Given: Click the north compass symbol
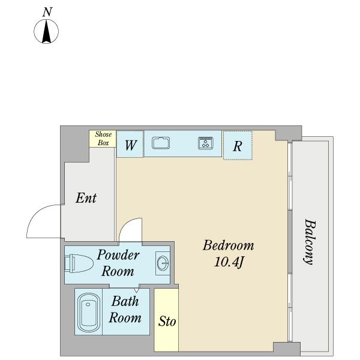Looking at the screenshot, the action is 46,31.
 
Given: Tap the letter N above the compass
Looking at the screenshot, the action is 47,12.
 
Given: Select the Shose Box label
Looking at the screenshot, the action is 103,139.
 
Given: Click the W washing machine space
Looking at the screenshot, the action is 130,144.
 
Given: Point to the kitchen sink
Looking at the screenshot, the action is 161,143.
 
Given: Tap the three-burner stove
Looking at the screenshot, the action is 205,143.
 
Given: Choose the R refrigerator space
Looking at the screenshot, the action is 238,145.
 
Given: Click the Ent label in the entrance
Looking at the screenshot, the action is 86,198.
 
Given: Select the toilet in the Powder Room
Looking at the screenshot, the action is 79,263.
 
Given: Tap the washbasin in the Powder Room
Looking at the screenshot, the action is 163,263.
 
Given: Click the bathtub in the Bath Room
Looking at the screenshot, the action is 88,312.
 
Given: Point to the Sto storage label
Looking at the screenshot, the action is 167,322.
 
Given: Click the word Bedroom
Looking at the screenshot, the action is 229,245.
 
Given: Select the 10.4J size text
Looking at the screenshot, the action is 229,262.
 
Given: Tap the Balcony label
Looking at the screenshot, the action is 309,242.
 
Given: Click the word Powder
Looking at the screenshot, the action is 118,254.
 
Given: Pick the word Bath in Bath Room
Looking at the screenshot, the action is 125,301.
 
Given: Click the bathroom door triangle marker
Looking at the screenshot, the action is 136,290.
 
